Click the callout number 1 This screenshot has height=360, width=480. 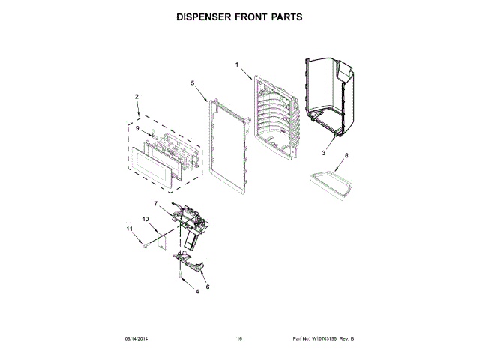[238, 65]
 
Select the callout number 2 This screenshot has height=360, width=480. [136, 96]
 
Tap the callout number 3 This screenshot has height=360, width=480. [324, 153]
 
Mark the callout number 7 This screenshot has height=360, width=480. [156, 204]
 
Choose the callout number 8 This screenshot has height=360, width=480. [346, 157]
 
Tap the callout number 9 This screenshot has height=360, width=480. [137, 129]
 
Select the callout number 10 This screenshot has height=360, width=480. [146, 219]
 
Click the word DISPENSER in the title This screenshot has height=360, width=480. [202, 16]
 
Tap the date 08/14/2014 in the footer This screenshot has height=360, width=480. [136, 339]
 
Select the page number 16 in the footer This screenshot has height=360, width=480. [239, 339]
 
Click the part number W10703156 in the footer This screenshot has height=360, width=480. [324, 339]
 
